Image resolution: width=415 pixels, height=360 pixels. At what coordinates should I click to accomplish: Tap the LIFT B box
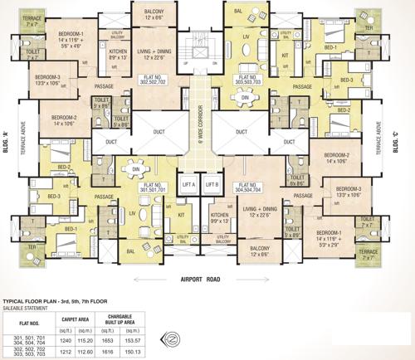tap(211, 183)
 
